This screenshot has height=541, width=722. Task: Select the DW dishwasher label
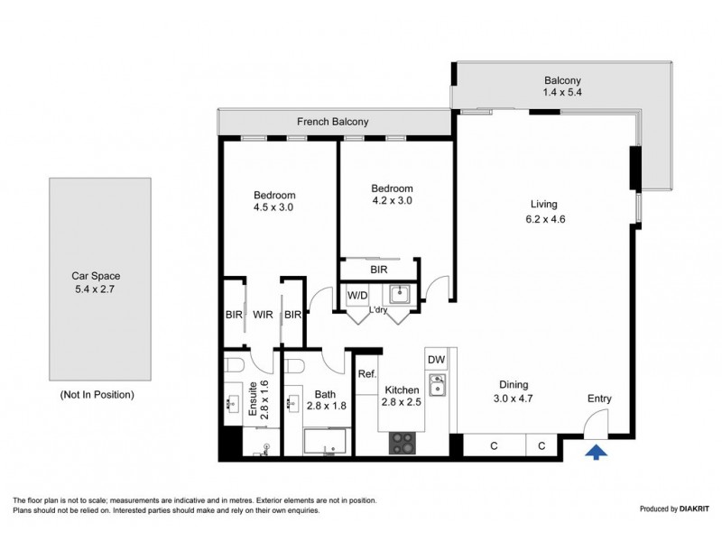coord(436,359)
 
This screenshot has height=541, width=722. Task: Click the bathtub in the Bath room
coord(323,443)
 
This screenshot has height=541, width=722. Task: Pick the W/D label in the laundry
coord(357,294)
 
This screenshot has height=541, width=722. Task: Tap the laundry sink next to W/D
coord(398,294)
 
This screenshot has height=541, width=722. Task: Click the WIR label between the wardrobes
coord(264,315)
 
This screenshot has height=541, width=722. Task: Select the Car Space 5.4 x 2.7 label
coord(97,284)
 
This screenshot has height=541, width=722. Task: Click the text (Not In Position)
coord(97,395)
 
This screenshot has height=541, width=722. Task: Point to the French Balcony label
coord(334,122)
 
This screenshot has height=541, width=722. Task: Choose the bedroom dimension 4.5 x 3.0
coord(273,206)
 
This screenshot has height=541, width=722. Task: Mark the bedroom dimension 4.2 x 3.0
coord(392,201)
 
